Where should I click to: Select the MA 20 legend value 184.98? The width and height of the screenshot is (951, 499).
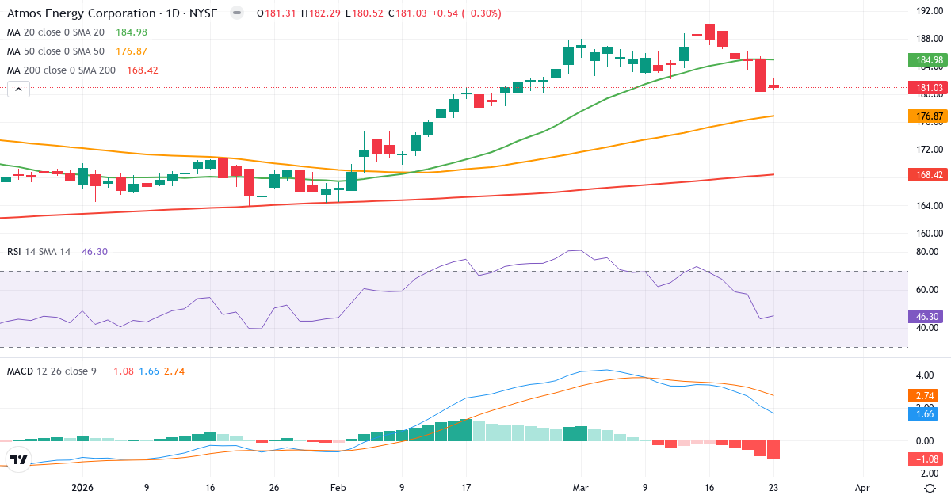pyautogui.click(x=131, y=32)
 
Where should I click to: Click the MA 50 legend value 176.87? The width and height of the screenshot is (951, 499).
pyautogui.click(x=131, y=51)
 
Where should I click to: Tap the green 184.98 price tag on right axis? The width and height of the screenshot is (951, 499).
pyautogui.click(x=928, y=60)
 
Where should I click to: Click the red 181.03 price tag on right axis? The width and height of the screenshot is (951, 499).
pyautogui.click(x=928, y=88)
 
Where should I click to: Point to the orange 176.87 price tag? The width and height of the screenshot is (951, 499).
pyautogui.click(x=928, y=116)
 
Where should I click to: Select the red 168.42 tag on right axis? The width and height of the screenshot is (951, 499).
pyautogui.click(x=928, y=175)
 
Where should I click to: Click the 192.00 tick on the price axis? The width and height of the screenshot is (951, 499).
pyautogui.click(x=928, y=11)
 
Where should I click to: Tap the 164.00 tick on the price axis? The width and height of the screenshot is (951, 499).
pyautogui.click(x=928, y=206)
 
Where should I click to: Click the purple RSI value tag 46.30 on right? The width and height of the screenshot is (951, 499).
pyautogui.click(x=928, y=316)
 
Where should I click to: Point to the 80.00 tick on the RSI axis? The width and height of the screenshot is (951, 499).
pyautogui.click(x=928, y=253)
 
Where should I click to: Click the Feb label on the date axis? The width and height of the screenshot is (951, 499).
pyautogui.click(x=338, y=489)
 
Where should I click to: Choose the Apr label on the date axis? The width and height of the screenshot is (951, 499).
pyautogui.click(x=862, y=489)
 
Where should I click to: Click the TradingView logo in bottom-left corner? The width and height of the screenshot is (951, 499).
pyautogui.click(x=19, y=459)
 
